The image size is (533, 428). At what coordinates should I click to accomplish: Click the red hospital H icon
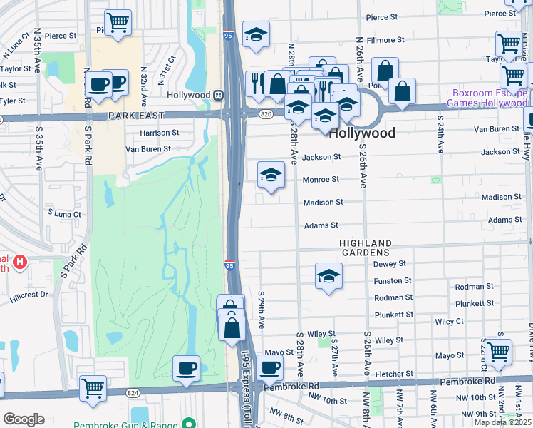pyautogui.click(x=20, y=262)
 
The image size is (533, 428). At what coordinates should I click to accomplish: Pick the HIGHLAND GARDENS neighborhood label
pyautogui.click(x=365, y=248)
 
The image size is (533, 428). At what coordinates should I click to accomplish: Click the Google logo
pyautogui.click(x=24, y=419)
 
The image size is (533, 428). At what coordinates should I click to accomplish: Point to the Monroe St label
pyautogui.click(x=321, y=180)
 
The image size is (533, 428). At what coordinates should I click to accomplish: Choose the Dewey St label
pyautogui.click(x=390, y=264)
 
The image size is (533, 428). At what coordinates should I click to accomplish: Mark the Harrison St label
pyautogui.click(x=160, y=133)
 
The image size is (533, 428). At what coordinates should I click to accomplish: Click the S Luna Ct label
pyautogui.click(x=65, y=213)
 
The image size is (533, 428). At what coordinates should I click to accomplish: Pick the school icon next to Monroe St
pyautogui.click(x=271, y=175)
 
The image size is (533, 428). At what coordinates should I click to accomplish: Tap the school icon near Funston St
pyautogui.click(x=328, y=276)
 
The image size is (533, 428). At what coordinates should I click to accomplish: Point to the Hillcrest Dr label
pyautogui.click(x=29, y=294)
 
